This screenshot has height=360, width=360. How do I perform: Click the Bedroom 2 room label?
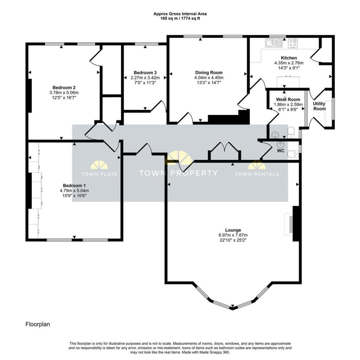click(64, 88)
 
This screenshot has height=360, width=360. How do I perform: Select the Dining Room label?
click(209, 72)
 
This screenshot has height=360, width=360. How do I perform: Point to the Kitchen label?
click(289, 58)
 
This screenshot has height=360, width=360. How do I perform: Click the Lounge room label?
click(233, 230)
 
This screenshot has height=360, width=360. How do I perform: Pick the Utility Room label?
click(319, 106)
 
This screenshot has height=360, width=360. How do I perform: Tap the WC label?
click(281, 151)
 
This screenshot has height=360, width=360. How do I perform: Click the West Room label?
click(288, 99)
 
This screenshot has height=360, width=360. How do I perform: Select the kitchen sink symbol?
click(274, 43)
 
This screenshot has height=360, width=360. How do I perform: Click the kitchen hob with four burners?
click(293, 43)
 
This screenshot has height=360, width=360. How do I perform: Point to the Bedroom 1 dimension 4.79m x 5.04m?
click(74, 191)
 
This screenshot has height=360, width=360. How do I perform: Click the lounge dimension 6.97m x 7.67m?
click(233, 235)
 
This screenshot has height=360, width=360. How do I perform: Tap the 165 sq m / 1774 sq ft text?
click(180, 18)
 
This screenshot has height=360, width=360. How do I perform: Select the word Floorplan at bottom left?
click(38, 324)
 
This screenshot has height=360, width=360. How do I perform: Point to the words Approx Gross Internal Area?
click(180, 14)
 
